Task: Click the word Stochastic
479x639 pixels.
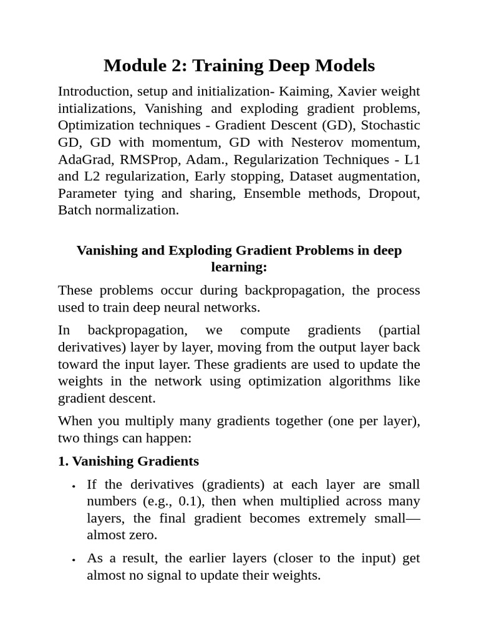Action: pos(390,125)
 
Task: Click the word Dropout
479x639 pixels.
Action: pos(394,193)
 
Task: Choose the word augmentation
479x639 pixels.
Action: pos(380,176)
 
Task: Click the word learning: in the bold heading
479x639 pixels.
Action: pos(239,267)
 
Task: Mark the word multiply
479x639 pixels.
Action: pos(130,421)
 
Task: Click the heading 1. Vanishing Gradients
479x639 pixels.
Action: pos(128,461)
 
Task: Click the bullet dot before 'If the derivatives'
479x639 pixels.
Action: pos(74,485)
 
